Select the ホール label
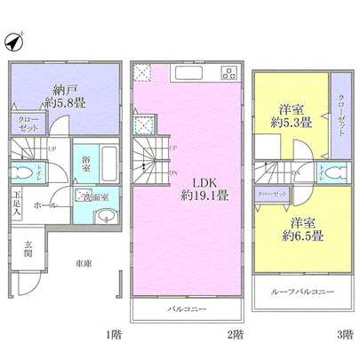[46, 205]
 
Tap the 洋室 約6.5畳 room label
[302, 228]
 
